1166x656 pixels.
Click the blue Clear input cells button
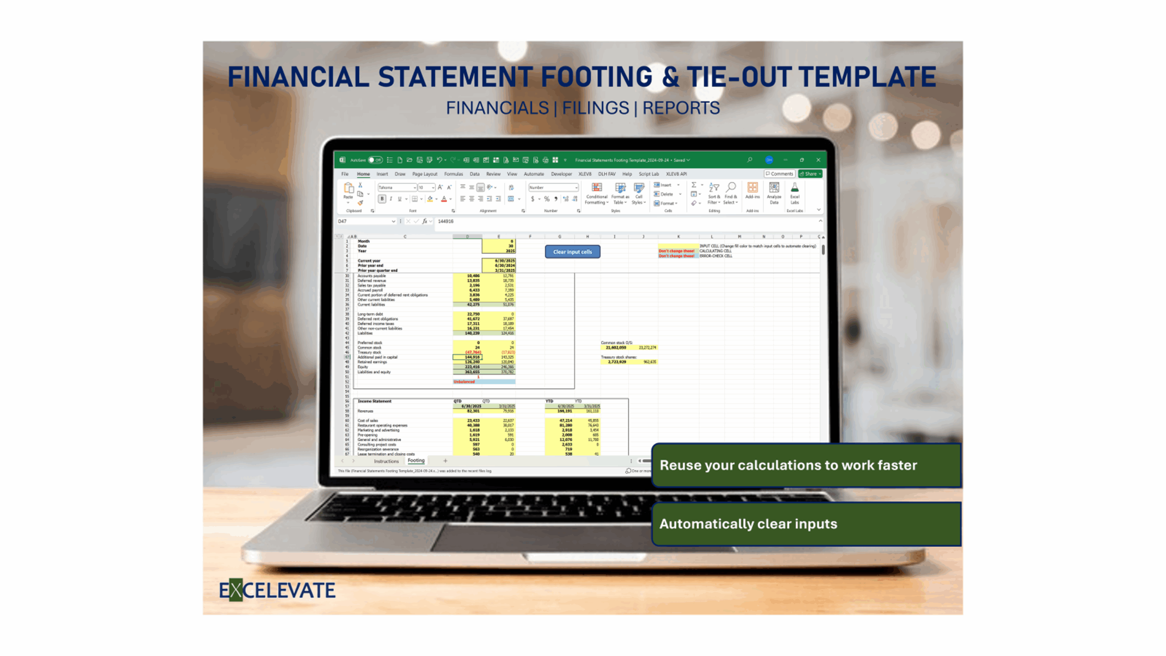pos(572,252)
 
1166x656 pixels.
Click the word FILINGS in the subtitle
pos(595,108)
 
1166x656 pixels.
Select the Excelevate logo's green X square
pos(235,590)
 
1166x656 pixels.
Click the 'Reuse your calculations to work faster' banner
pos(806,465)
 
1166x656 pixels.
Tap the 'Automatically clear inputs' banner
pos(806,524)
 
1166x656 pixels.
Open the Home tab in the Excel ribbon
pos(363,174)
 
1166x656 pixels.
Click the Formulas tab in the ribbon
pos(453,174)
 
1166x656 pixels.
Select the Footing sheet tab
pos(416,461)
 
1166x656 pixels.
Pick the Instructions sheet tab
pos(386,461)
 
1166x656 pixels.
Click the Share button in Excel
pos(810,174)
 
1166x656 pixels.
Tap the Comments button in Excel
pos(779,174)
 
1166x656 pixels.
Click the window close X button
pos(818,160)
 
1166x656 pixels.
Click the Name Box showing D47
pos(364,221)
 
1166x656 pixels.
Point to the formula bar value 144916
pos(445,221)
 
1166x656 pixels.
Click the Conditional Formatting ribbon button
pos(596,194)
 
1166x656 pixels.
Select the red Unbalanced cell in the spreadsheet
pos(464,382)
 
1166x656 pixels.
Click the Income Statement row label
pos(374,401)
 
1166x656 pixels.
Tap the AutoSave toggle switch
pos(375,160)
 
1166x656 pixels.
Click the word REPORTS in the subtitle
pos(681,108)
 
